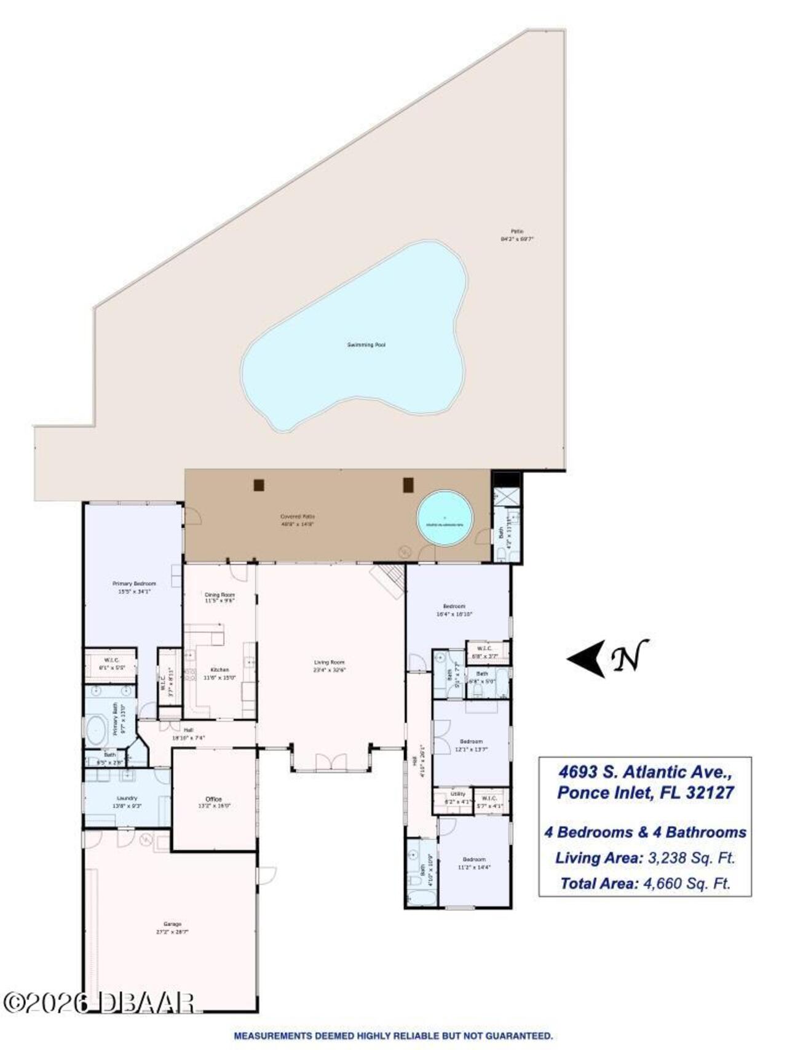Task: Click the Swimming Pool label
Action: (x=366, y=345)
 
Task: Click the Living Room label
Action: (x=330, y=662)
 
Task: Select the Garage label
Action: (x=172, y=924)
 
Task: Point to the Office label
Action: (x=213, y=799)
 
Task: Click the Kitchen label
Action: (x=219, y=670)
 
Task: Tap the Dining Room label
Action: (x=219, y=595)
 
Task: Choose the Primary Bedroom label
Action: (x=134, y=583)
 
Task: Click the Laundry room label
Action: (x=127, y=798)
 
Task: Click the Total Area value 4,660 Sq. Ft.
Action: (x=687, y=883)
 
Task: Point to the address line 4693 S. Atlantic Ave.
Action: (x=645, y=771)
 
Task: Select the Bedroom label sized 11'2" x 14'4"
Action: (x=473, y=859)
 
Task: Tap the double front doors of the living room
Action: (x=331, y=763)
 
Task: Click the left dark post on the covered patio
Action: (x=259, y=485)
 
